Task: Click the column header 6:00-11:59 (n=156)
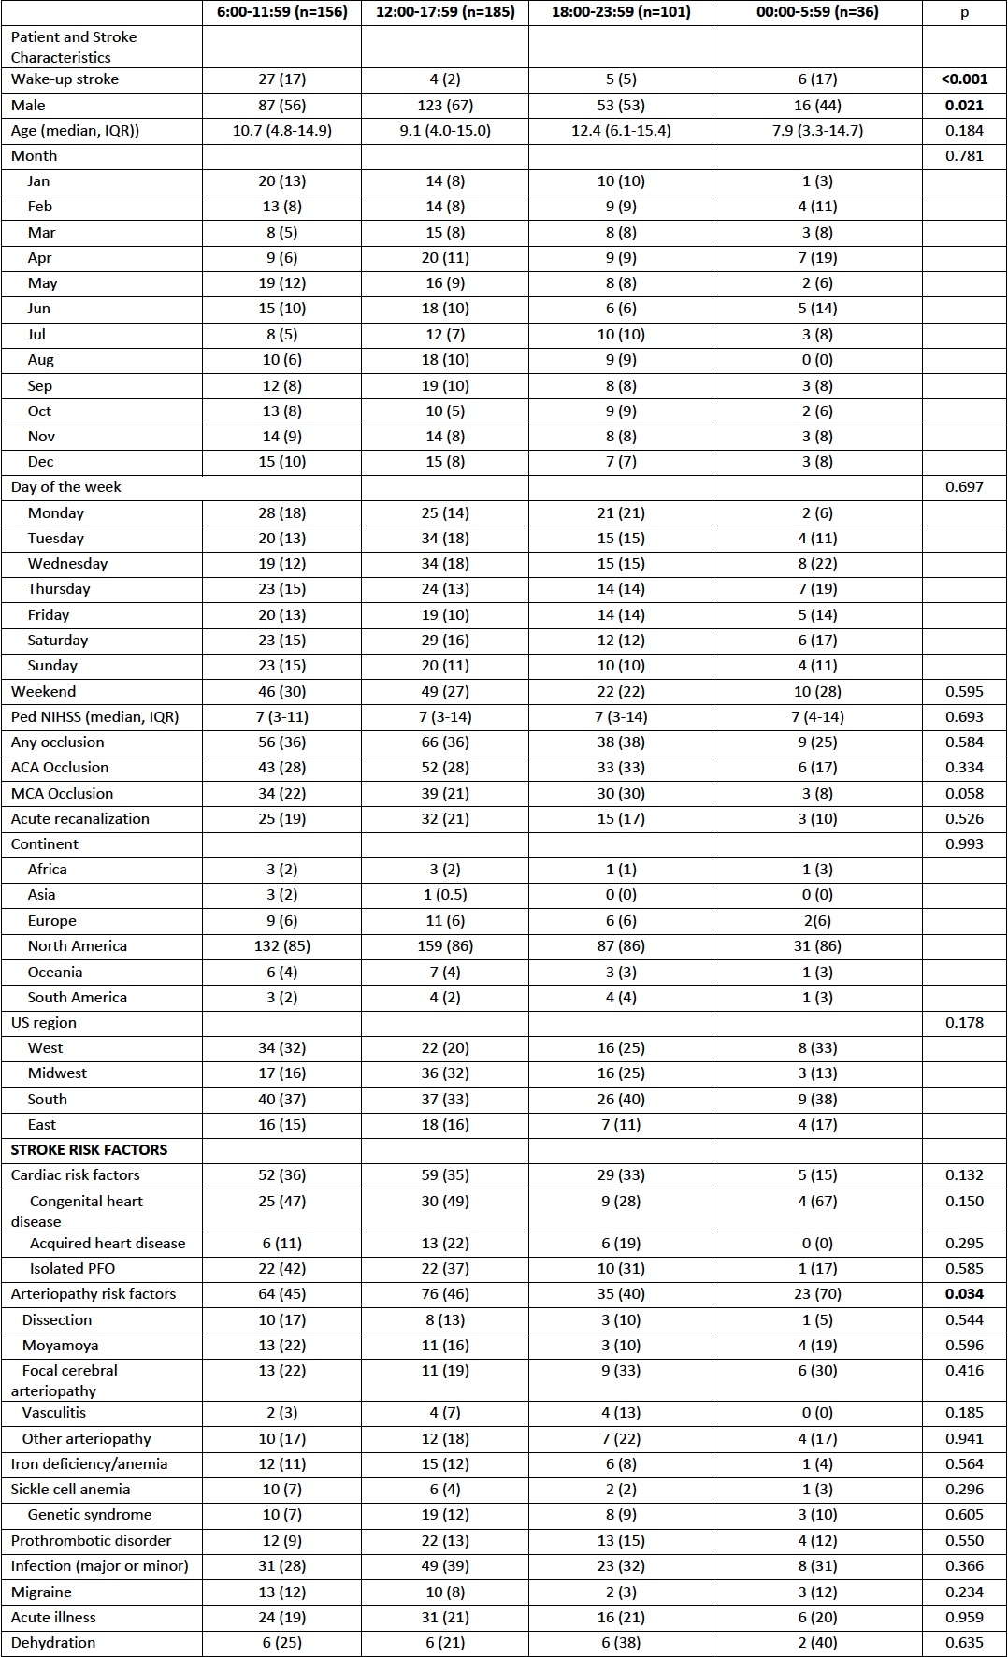pos(281,12)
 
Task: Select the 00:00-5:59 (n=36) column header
pos(817,12)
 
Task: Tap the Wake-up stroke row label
pos(65,79)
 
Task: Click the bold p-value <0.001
pos(964,79)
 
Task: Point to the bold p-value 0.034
pos(964,1294)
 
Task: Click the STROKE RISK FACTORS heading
pos(89,1150)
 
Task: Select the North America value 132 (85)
pos(281,946)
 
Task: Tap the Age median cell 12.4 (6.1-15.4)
pos(621,131)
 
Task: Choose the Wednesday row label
pos(67,564)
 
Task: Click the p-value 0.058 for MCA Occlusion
pos(964,794)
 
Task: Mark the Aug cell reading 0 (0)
pos(817,360)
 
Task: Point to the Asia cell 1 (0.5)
pos(444,895)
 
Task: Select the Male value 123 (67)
pos(444,106)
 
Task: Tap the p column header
pos(964,12)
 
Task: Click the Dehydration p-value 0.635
pos(964,1643)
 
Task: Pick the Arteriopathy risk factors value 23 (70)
pos(817,1294)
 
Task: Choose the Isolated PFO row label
pos(72,1269)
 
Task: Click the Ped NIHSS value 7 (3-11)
pos(281,717)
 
